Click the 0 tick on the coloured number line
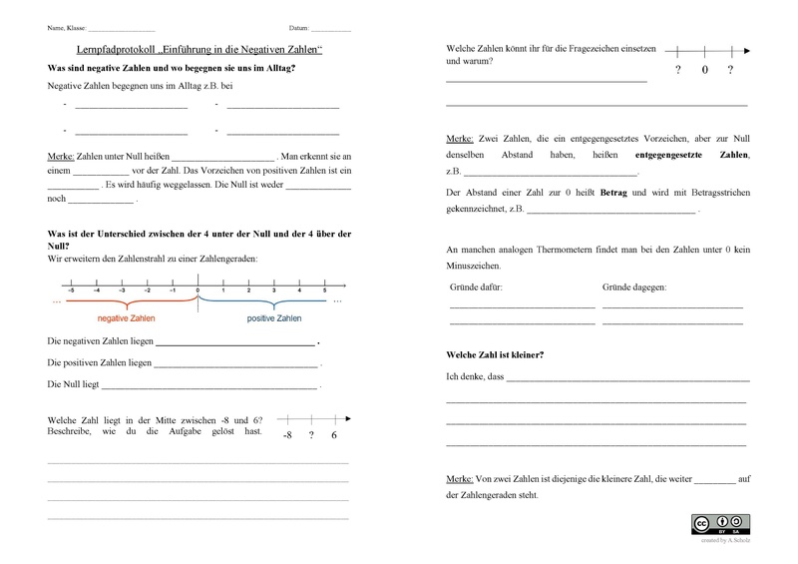click(198, 289)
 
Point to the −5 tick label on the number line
click(70, 289)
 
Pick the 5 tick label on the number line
click(324, 289)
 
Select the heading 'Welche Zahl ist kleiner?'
click(496, 355)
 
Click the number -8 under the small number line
click(287, 436)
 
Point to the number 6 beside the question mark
click(334, 436)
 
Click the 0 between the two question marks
click(704, 70)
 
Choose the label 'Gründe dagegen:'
click(634, 287)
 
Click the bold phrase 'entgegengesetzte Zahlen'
click(691, 157)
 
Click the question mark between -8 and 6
click(311, 436)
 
